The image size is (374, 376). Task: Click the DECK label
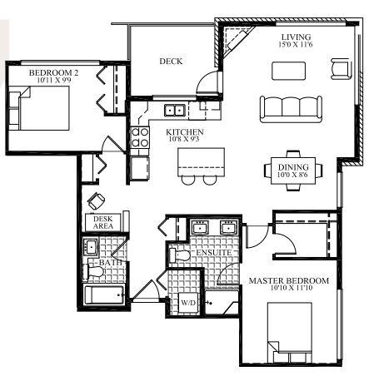[171, 62]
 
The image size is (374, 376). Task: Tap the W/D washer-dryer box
[188, 304]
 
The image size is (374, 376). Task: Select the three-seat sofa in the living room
[291, 109]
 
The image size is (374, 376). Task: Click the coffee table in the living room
[288, 71]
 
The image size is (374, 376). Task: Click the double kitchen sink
[175, 111]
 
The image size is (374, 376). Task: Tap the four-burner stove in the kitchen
[140, 137]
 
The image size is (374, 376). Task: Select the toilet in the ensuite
[179, 255]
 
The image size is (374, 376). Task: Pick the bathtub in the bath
[104, 294]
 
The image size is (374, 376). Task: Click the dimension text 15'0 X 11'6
[296, 44]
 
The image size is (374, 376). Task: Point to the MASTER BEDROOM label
[289, 280]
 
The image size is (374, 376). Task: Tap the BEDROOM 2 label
[53, 73]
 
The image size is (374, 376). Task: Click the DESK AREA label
[103, 222]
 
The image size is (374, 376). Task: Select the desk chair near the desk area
[96, 200]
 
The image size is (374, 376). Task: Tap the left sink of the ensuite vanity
[201, 227]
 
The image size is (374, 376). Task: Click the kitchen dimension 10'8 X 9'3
[184, 139]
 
